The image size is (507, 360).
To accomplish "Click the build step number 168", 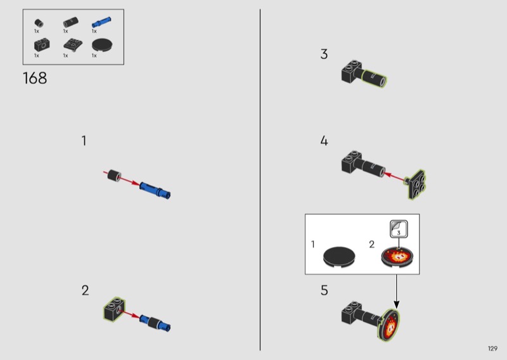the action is (35, 79).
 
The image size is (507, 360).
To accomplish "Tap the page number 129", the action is (492, 349).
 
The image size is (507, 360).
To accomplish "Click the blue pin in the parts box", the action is (101, 22).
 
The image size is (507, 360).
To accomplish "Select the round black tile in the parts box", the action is (102, 45).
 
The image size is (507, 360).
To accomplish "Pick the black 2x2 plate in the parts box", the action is (73, 45).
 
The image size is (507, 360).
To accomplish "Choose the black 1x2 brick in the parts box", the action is (42, 45).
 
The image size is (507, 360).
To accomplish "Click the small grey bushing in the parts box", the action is (39, 23).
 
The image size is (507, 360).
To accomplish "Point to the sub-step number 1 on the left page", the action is (84, 141).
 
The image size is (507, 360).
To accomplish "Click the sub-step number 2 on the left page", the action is (85, 290).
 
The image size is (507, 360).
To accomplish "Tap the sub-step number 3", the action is (324, 54).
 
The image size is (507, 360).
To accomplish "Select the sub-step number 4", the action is (324, 141).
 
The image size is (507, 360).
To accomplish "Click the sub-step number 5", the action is (324, 290).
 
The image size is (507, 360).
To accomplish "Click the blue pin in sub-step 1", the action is (155, 190).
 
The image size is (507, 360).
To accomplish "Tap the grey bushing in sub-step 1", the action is (114, 175).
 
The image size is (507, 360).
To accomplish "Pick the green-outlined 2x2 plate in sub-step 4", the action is (415, 184).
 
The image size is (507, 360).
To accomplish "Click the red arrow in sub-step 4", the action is (394, 177).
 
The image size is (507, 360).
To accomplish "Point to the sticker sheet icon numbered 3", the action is (399, 229).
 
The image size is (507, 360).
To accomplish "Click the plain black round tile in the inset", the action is (339, 257).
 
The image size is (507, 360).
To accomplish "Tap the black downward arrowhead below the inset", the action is (397, 304).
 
